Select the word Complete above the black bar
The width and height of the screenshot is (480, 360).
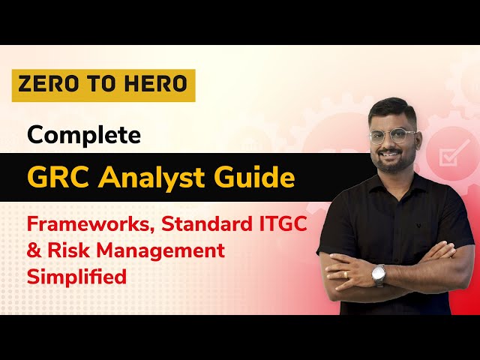tap(84, 135)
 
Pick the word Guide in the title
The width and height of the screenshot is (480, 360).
tap(257, 178)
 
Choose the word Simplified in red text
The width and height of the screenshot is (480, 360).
tap(76, 275)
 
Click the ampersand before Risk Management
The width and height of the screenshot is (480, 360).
tap(34, 250)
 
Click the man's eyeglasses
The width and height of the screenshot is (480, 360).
tap(393, 136)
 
